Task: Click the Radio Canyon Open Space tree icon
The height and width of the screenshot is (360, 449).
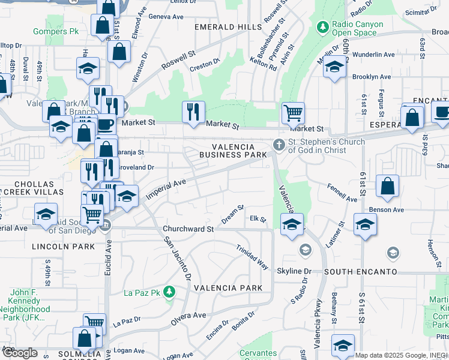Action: click(x=323, y=27)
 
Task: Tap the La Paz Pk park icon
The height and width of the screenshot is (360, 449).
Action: click(x=170, y=292)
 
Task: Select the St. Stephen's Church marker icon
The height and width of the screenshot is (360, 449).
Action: click(x=279, y=145)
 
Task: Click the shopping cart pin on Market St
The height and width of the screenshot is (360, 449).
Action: click(x=293, y=112)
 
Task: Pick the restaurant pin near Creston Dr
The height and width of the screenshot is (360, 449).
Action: click(x=193, y=112)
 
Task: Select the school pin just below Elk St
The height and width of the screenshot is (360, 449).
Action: click(x=292, y=226)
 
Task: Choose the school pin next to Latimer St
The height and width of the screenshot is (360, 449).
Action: click(x=365, y=225)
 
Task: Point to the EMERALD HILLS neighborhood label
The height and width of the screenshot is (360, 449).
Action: click(x=228, y=27)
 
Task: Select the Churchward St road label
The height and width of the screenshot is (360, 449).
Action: click(x=188, y=229)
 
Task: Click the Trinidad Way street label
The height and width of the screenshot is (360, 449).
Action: click(x=252, y=257)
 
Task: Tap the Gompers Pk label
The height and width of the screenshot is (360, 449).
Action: click(x=56, y=31)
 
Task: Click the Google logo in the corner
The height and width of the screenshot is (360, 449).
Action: click(x=20, y=353)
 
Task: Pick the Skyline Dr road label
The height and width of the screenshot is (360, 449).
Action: click(x=294, y=272)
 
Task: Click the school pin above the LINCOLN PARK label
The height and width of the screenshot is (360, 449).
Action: click(x=46, y=215)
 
